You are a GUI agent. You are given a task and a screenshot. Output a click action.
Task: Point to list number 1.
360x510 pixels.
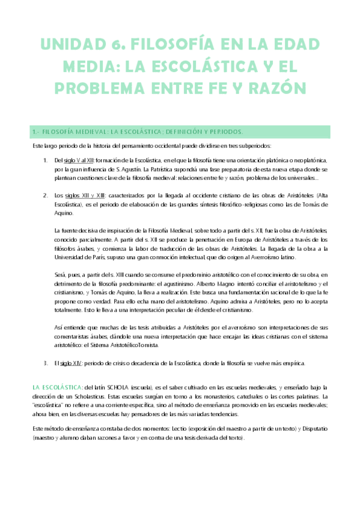click(x=46, y=161)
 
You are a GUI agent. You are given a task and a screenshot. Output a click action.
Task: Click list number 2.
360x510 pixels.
click(x=46, y=195)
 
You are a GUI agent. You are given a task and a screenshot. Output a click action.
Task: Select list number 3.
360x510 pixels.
click(x=46, y=363)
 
